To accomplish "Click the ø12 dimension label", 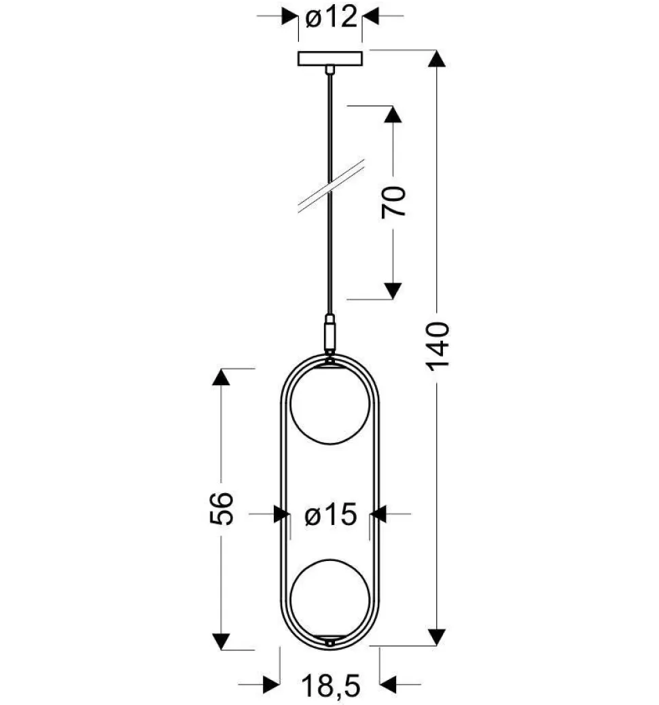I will pos(331,18).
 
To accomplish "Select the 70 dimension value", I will pos(394,201).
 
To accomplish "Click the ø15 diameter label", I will pos(331,516).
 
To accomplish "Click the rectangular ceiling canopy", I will pos(329,58).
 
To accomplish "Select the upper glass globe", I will pos(329,407).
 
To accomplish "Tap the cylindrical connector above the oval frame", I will pos(329,333).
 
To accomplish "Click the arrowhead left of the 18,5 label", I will pos(271,685).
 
